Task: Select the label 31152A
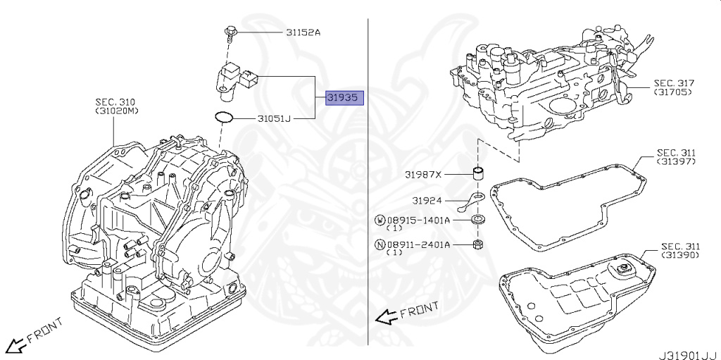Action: (x=303, y=32)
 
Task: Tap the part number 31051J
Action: (x=274, y=119)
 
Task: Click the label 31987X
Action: (x=423, y=175)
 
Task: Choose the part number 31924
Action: (x=427, y=200)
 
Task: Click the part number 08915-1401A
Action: (x=418, y=220)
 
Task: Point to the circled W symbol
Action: (x=380, y=220)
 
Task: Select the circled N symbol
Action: (x=380, y=244)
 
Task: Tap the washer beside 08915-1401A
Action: (x=479, y=219)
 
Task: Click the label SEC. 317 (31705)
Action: (x=674, y=87)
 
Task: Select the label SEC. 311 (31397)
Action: (x=676, y=156)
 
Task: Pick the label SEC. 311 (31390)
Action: (x=681, y=250)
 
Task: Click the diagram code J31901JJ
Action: (x=688, y=355)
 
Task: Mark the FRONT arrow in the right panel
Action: (x=407, y=313)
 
